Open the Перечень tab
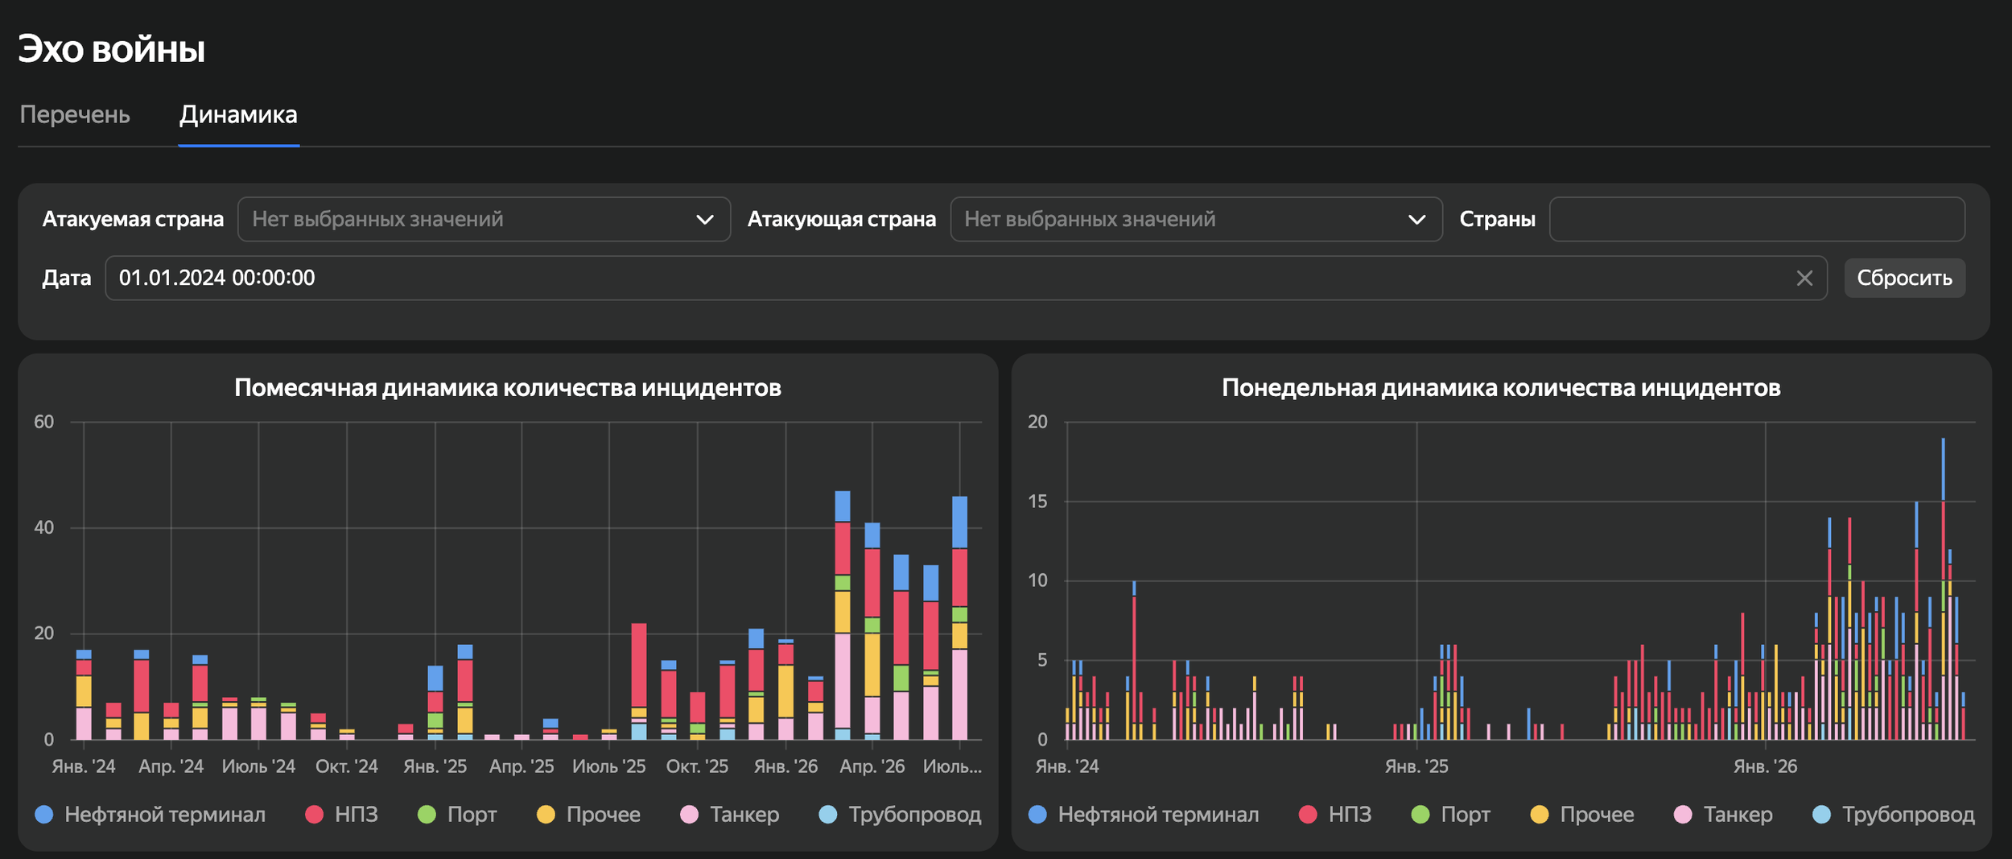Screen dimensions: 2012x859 click(75, 115)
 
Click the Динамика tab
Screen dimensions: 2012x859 click(238, 115)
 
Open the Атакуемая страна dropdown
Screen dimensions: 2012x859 click(484, 219)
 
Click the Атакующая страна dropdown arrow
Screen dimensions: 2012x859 click(1416, 220)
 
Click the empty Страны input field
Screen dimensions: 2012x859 click(1757, 219)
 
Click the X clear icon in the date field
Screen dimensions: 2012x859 click(1805, 279)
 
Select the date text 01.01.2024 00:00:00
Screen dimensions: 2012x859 click(217, 279)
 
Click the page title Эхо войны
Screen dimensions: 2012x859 click(112, 49)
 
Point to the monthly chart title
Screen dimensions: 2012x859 click(508, 388)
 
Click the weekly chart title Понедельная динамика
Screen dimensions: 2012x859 click(1501, 388)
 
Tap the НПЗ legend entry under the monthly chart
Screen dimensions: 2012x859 click(342, 815)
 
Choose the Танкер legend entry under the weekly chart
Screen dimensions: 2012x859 click(1723, 815)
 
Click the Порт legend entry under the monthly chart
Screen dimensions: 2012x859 click(457, 815)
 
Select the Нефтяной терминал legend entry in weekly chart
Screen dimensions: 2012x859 click(1144, 815)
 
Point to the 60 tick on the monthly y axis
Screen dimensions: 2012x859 click(44, 422)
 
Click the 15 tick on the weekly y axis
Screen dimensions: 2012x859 click(1037, 502)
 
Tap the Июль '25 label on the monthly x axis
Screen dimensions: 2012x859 click(609, 766)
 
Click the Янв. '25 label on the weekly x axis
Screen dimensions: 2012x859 click(1416, 766)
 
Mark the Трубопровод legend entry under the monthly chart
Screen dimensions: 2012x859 click(901, 815)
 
